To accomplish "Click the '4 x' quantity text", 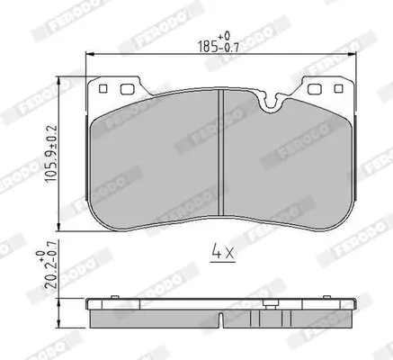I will [222, 253].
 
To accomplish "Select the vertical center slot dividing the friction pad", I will [222, 157].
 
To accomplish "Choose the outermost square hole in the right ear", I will [337, 88].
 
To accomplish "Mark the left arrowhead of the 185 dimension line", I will [90, 56].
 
